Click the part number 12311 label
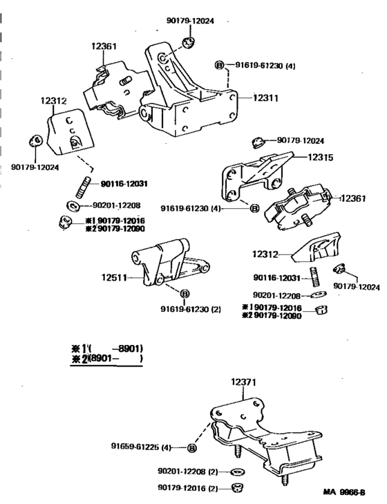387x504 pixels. click(265, 98)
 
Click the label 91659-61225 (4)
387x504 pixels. click(144, 447)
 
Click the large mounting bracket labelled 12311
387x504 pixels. click(187, 97)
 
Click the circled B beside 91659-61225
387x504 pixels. click(191, 447)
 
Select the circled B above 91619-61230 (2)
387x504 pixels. click(185, 294)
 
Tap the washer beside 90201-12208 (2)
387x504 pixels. click(237, 472)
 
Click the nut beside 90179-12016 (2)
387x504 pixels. click(237, 488)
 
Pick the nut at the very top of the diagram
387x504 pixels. click(187, 45)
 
